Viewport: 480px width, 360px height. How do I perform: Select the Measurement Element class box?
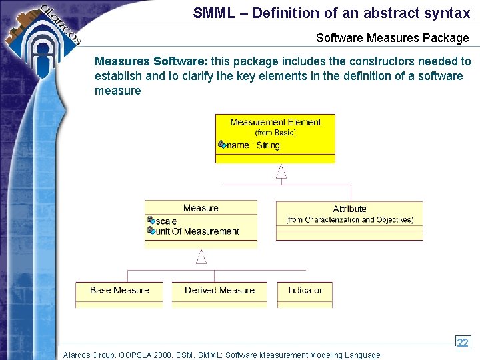pyautogui.click(x=275, y=138)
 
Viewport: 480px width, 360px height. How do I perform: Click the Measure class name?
pyautogui.click(x=201, y=208)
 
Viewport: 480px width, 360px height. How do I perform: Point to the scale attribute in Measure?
pyautogui.click(x=166, y=221)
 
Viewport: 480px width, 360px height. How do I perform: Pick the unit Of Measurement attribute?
pyautogui.click(x=197, y=231)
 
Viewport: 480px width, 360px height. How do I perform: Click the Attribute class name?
pyautogui.click(x=349, y=209)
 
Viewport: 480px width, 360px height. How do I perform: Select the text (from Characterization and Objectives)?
pyautogui.click(x=349, y=219)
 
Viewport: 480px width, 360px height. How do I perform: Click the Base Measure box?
pyautogui.click(x=119, y=291)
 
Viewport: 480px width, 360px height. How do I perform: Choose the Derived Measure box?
pyautogui.click(x=219, y=291)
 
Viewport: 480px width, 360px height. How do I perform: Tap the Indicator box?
pyautogui.click(x=305, y=291)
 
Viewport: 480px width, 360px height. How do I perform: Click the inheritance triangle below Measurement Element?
pyautogui.click(x=281, y=171)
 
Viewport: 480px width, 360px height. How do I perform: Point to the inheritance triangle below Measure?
pyautogui.click(x=201, y=257)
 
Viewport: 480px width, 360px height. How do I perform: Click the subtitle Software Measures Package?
pyautogui.click(x=392, y=38)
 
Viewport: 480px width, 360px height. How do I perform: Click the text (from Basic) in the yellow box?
pyautogui.click(x=275, y=133)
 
